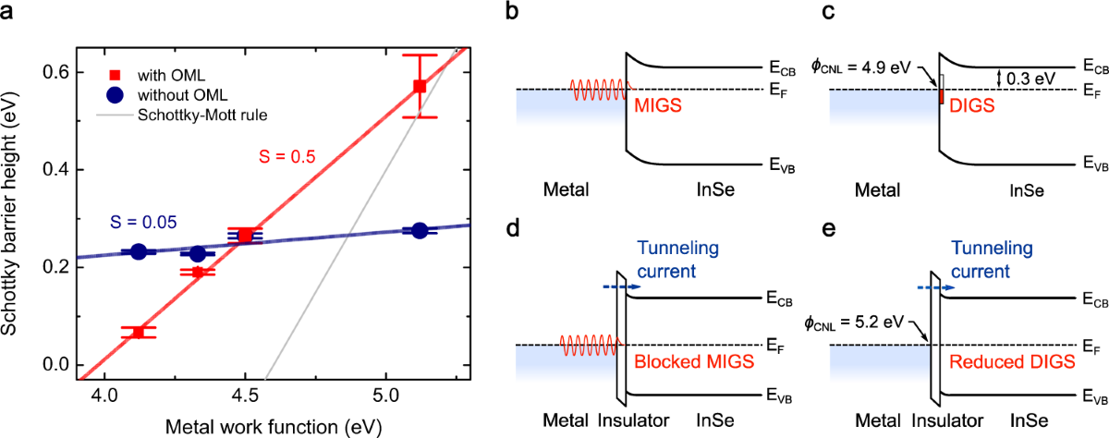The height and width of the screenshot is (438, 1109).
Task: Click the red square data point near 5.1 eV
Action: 420,86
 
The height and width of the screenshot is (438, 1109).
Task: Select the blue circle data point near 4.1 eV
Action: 139,251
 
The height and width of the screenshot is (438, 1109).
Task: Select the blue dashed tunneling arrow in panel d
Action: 616,287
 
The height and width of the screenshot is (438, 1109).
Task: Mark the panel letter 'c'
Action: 827,12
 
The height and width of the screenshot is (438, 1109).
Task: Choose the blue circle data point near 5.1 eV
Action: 420,231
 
